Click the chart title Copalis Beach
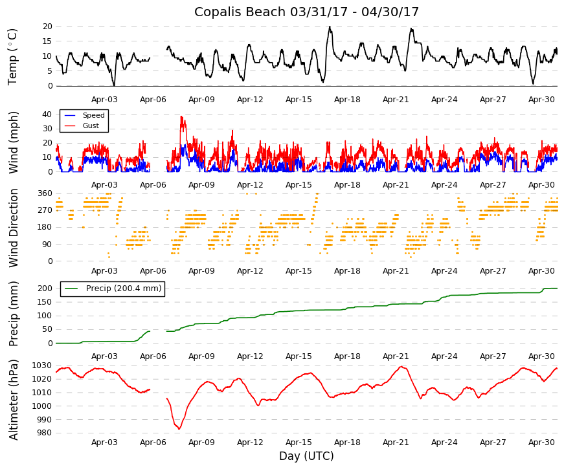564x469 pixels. [240, 12]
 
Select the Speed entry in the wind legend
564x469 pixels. [93, 115]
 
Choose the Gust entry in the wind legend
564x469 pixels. [91, 125]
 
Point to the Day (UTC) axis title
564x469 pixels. [306, 455]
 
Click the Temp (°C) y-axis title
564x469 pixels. [12, 57]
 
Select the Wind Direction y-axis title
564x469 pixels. [13, 228]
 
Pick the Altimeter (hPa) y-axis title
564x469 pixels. [13, 400]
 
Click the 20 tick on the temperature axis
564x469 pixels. [47, 27]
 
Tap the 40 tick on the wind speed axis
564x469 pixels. [47, 115]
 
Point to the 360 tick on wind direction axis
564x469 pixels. [45, 193]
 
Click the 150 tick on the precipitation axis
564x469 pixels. [45, 302]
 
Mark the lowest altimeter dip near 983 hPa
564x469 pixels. [179, 429]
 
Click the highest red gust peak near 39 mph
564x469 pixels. [182, 116]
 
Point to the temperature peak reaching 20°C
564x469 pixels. [330, 27]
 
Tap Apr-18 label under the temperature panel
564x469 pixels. [347, 100]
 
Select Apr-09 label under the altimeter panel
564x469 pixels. [201, 442]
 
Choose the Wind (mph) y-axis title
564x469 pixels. [13, 143]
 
